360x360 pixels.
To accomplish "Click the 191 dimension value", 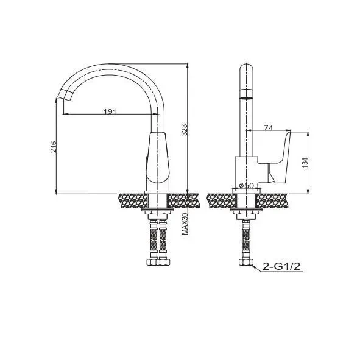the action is click(x=110, y=111).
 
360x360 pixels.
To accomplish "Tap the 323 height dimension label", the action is click(x=185, y=130).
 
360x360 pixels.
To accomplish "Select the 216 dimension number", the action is click(x=53, y=147).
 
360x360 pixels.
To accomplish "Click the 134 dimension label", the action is click(x=305, y=163).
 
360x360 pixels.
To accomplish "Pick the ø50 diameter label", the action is click(x=246, y=185).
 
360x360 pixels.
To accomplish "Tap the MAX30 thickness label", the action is click(x=185, y=224).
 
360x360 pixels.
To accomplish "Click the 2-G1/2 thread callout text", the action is click(x=281, y=266).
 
